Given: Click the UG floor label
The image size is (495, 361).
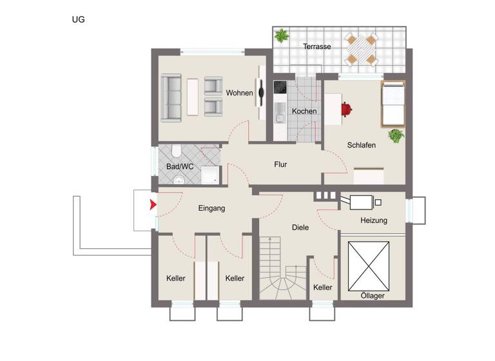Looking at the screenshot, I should pos(78,19).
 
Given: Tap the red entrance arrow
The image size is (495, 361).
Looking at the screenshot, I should pos(153,206).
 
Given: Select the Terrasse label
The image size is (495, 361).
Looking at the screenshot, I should pos(317,46).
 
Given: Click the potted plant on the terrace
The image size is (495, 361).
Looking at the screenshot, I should pos(281,35).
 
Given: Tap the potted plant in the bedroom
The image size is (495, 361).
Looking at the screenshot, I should pos(395,135).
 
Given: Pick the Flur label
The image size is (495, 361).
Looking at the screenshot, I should pos(280,165).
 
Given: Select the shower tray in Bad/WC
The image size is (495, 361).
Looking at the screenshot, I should pos(210,175).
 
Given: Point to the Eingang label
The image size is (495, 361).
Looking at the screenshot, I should pos(211,208).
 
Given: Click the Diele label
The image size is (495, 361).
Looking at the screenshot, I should pos(300,228).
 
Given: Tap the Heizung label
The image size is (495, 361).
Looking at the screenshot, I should pos(374,221).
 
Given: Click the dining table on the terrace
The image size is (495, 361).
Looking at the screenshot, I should pos(361,50).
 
